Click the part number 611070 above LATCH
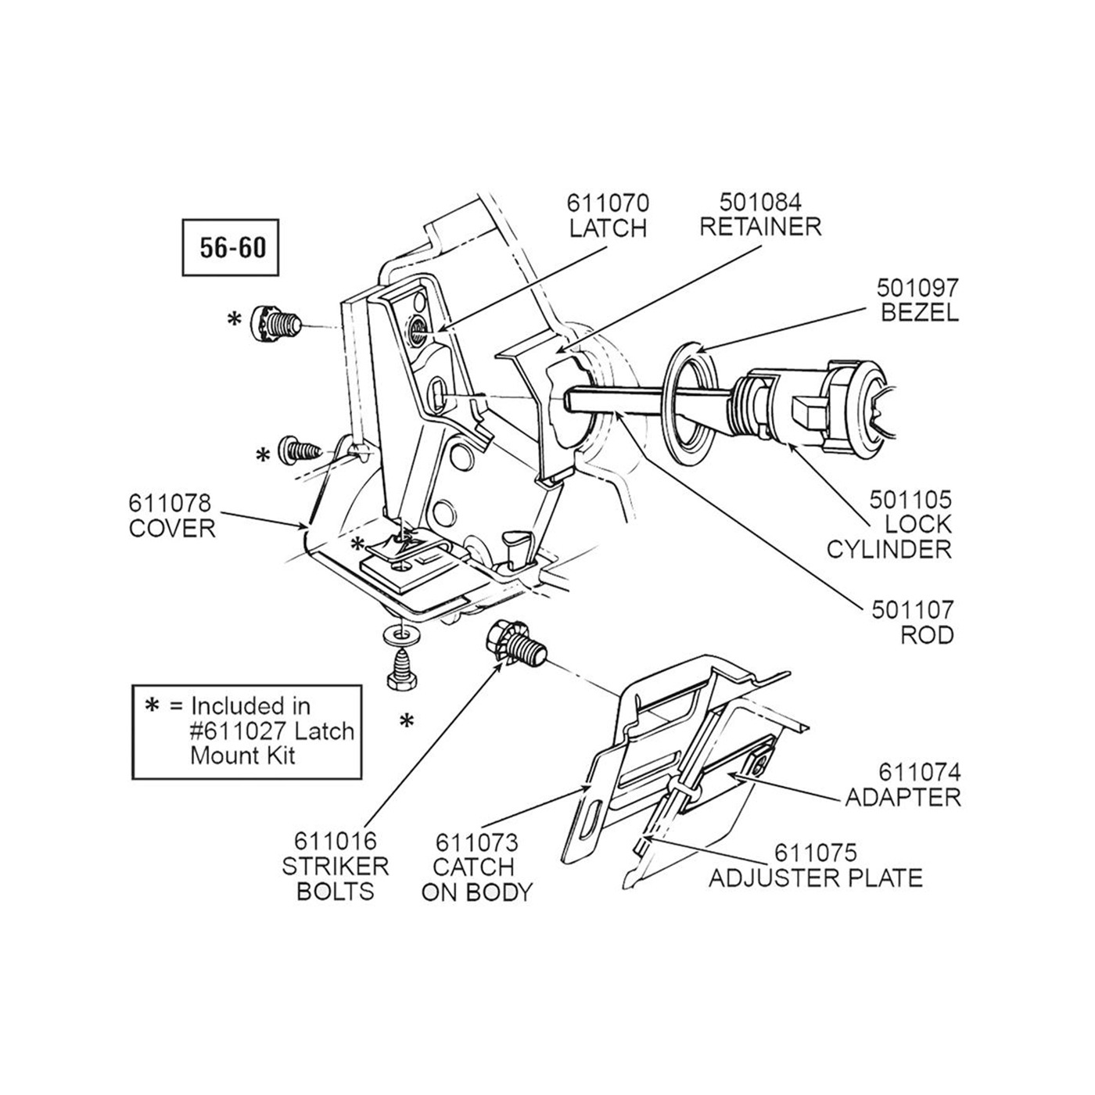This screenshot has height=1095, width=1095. (608, 203)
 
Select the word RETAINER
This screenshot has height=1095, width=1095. (760, 227)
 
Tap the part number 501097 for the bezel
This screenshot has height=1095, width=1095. (917, 288)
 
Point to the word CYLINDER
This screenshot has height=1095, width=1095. (889, 550)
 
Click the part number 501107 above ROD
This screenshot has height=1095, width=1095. (914, 610)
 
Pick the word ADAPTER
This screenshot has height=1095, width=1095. (903, 798)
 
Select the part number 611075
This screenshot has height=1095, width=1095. (816, 853)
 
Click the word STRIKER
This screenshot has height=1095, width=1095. (336, 867)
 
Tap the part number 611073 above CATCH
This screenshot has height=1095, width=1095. (477, 842)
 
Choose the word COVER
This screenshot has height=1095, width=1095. (172, 529)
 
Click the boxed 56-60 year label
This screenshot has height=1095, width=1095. (231, 248)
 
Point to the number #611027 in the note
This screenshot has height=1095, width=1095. (236, 731)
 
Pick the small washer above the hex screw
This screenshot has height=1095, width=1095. (402, 635)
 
